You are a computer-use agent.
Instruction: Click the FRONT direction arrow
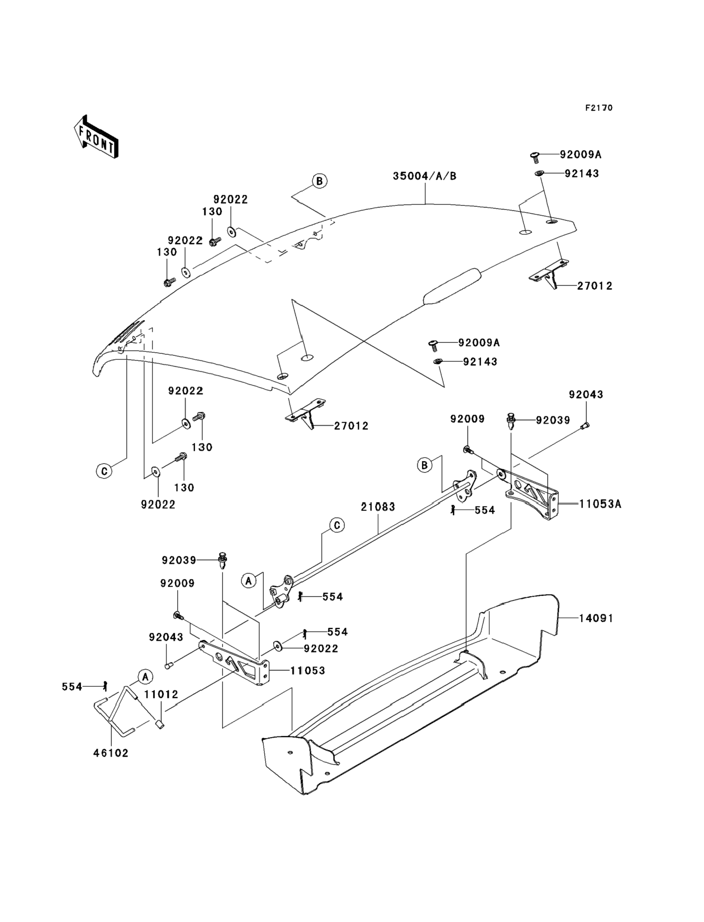point(96,137)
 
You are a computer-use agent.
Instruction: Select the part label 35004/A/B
point(425,176)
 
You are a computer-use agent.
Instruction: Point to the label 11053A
point(600,504)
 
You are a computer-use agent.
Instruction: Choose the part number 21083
point(378,507)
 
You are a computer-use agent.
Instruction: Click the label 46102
point(110,753)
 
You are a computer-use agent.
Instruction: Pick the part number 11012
point(161,694)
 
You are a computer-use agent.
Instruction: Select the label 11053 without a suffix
point(308,671)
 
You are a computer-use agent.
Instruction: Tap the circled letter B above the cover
point(320,181)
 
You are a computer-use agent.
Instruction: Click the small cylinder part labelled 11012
point(160,724)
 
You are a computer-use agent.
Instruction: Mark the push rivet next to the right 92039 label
point(511,420)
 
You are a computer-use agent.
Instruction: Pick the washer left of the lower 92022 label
point(278,646)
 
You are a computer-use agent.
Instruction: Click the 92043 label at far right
point(586,394)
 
